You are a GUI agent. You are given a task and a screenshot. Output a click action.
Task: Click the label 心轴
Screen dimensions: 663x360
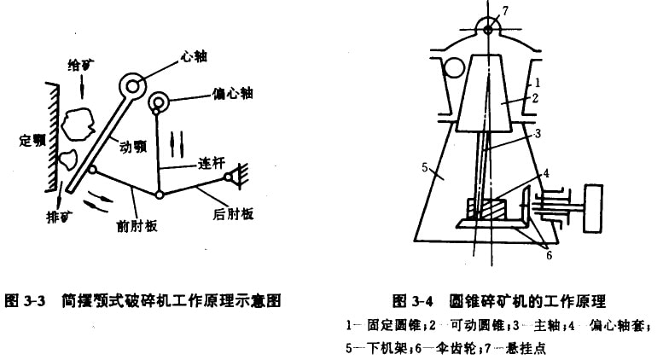194,56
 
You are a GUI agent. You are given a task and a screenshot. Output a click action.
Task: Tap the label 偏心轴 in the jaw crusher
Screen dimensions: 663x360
233,93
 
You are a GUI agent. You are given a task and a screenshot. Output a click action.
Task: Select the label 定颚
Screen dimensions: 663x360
32,140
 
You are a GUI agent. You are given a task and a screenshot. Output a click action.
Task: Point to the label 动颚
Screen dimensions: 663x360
133,147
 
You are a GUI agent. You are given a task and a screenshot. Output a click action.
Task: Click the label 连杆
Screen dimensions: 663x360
212,164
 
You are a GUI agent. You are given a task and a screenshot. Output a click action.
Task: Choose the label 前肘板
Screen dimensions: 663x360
137,226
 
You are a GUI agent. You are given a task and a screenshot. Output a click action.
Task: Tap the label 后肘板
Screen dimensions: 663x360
233,214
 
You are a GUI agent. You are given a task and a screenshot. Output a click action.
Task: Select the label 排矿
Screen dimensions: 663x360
59,217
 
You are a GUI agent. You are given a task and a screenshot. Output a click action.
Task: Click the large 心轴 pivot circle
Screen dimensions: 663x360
132,86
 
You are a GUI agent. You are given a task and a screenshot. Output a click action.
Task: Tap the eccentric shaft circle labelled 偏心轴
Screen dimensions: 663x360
159,102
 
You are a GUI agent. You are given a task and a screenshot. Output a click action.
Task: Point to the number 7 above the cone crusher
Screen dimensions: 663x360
506,10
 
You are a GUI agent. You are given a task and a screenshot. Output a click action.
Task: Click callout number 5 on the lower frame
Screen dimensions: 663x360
425,167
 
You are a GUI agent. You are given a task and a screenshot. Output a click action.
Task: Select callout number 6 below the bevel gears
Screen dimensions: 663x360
549,255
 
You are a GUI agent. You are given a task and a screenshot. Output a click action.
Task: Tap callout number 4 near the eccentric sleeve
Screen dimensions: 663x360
546,173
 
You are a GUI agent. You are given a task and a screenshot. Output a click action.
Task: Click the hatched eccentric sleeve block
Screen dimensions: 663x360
486,210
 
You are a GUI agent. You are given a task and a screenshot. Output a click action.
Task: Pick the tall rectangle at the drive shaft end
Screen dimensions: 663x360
593,208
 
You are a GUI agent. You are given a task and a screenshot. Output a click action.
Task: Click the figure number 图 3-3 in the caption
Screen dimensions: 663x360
25,301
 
